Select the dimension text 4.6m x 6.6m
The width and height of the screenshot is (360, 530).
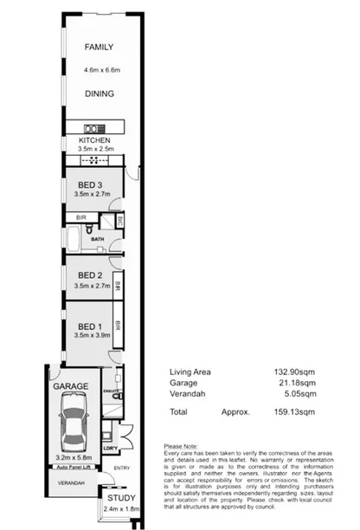98,69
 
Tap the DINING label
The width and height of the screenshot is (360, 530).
98,94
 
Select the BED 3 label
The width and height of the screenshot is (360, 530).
89,184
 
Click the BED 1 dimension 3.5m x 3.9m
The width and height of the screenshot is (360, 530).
89,334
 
